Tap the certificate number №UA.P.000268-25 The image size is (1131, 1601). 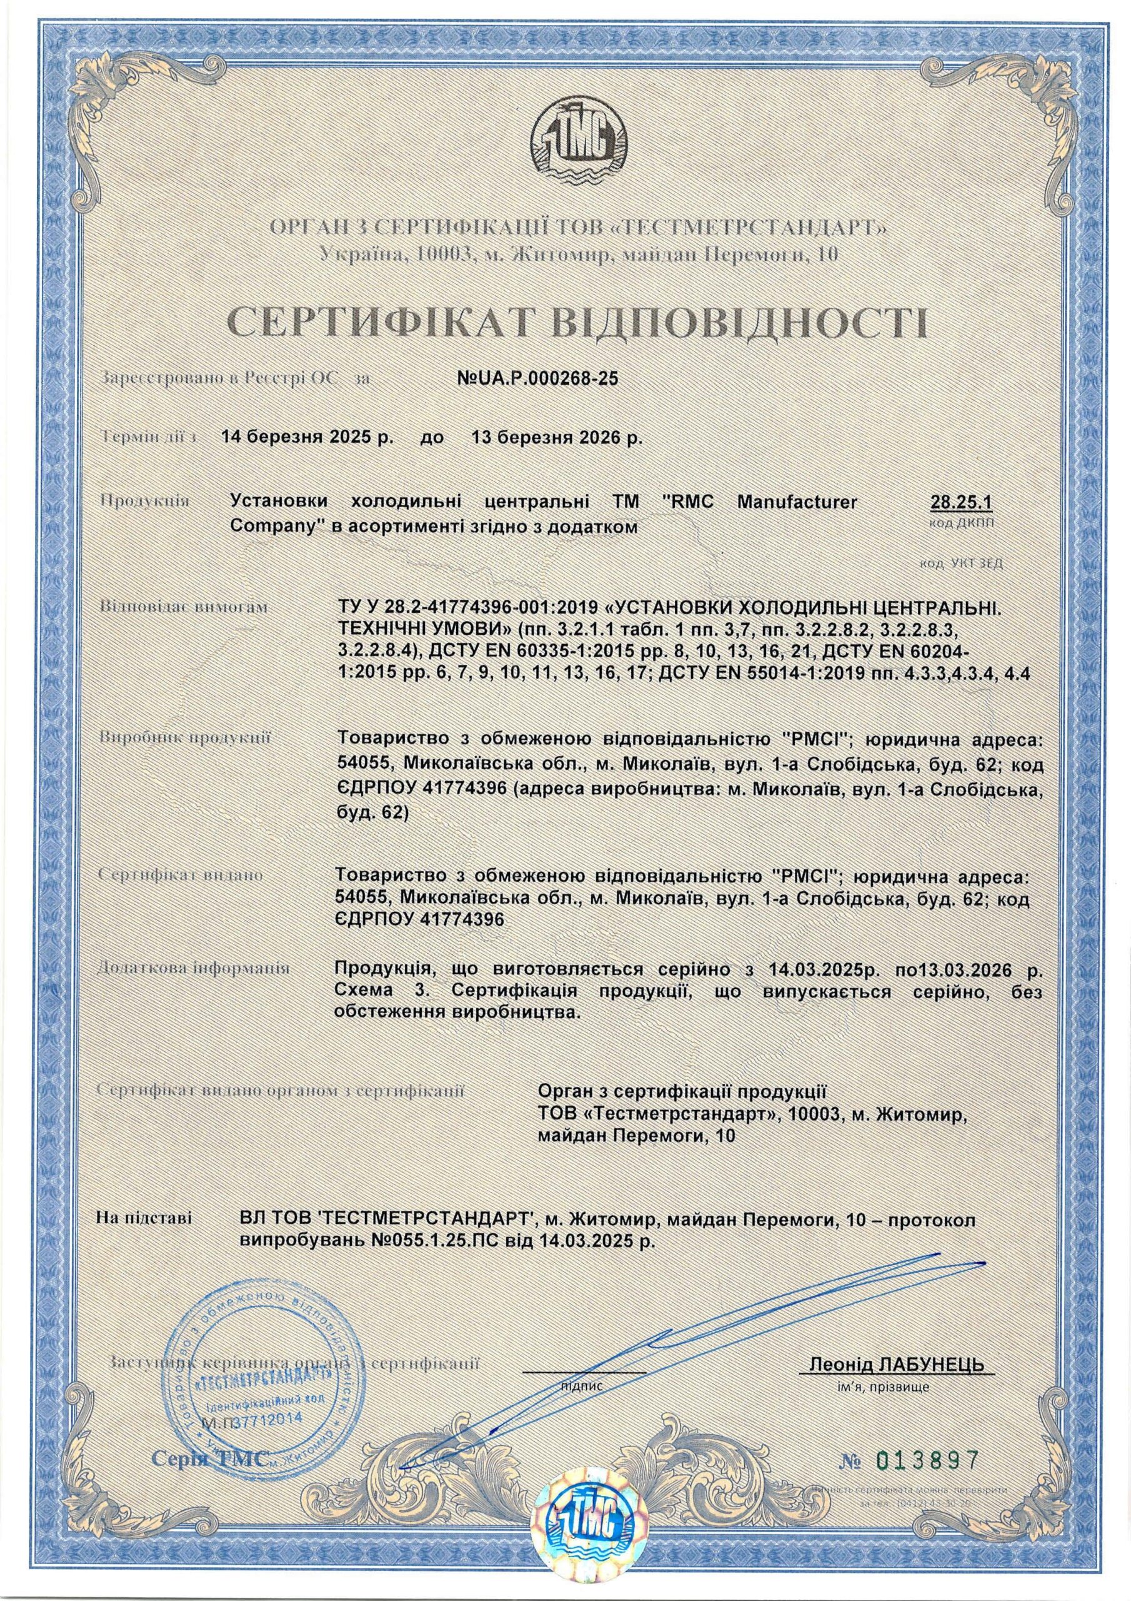coord(537,378)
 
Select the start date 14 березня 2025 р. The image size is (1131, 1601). coord(307,438)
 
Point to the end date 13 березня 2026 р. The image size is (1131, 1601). coord(557,438)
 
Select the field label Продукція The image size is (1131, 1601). coord(146,501)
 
